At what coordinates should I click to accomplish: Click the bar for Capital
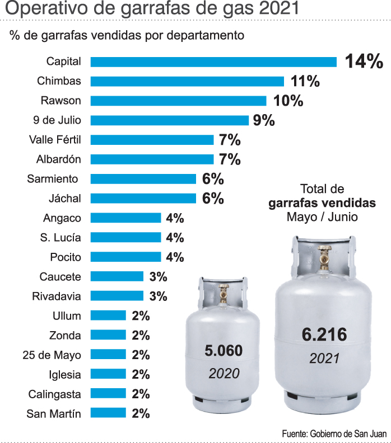pyautogui.click(x=213, y=62)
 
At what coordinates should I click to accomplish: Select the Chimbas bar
pyautogui.click(x=187, y=81)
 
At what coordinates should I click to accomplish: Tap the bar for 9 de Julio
pyautogui.click(x=169, y=120)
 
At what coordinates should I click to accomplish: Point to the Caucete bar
pyautogui.click(x=117, y=276)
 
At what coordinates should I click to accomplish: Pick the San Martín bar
pyautogui.click(x=108, y=413)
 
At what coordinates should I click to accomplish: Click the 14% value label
pyautogui.click(x=364, y=62)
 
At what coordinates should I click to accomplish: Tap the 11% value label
pyautogui.click(x=305, y=81)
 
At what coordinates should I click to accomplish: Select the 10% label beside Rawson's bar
pyautogui.click(x=288, y=101)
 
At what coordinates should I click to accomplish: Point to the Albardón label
pyautogui.click(x=58, y=159)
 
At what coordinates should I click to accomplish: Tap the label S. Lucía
pyautogui.click(x=60, y=237)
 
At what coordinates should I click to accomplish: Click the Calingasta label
pyautogui.click(x=55, y=394)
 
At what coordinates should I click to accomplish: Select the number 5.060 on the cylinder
pyautogui.click(x=224, y=351)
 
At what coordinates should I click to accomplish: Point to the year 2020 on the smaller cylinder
pyautogui.click(x=224, y=373)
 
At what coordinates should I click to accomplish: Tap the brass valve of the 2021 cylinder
pyautogui.click(x=323, y=260)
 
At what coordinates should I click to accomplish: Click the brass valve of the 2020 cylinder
pyautogui.click(x=224, y=295)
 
